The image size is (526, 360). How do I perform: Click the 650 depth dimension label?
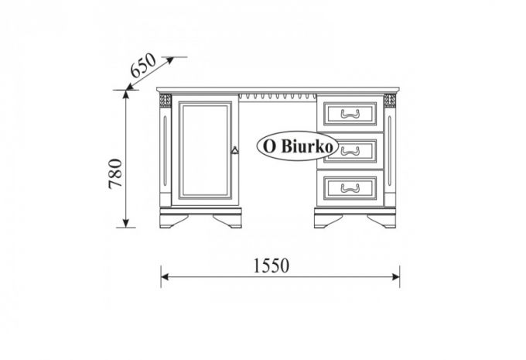(x=143, y=65)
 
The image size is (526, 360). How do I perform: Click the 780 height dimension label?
(x=116, y=173)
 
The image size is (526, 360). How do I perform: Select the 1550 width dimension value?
(x=271, y=266)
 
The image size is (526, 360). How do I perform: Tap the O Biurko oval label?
(x=297, y=146)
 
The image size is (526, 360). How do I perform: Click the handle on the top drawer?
(x=350, y=114)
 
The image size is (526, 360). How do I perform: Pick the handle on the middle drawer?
(x=350, y=151)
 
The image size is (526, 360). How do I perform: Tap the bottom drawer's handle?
(x=350, y=188)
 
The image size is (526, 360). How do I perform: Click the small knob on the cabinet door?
(x=235, y=150)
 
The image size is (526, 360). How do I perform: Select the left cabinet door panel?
(x=205, y=150)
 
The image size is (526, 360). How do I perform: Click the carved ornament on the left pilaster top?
(x=165, y=100)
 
